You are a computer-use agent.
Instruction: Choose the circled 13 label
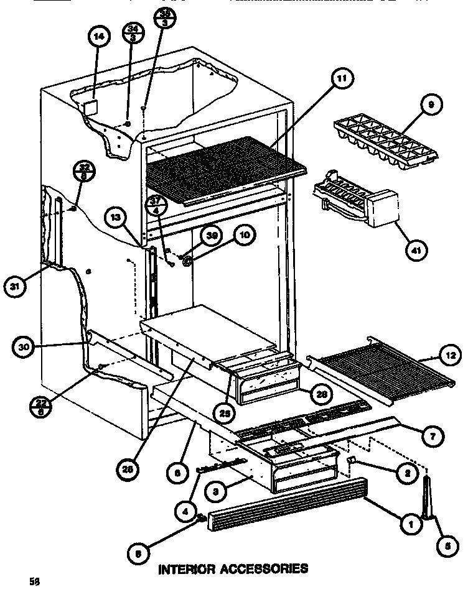point(116,217)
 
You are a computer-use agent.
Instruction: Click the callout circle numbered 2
point(407,473)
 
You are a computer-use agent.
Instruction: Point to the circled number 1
point(410,525)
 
